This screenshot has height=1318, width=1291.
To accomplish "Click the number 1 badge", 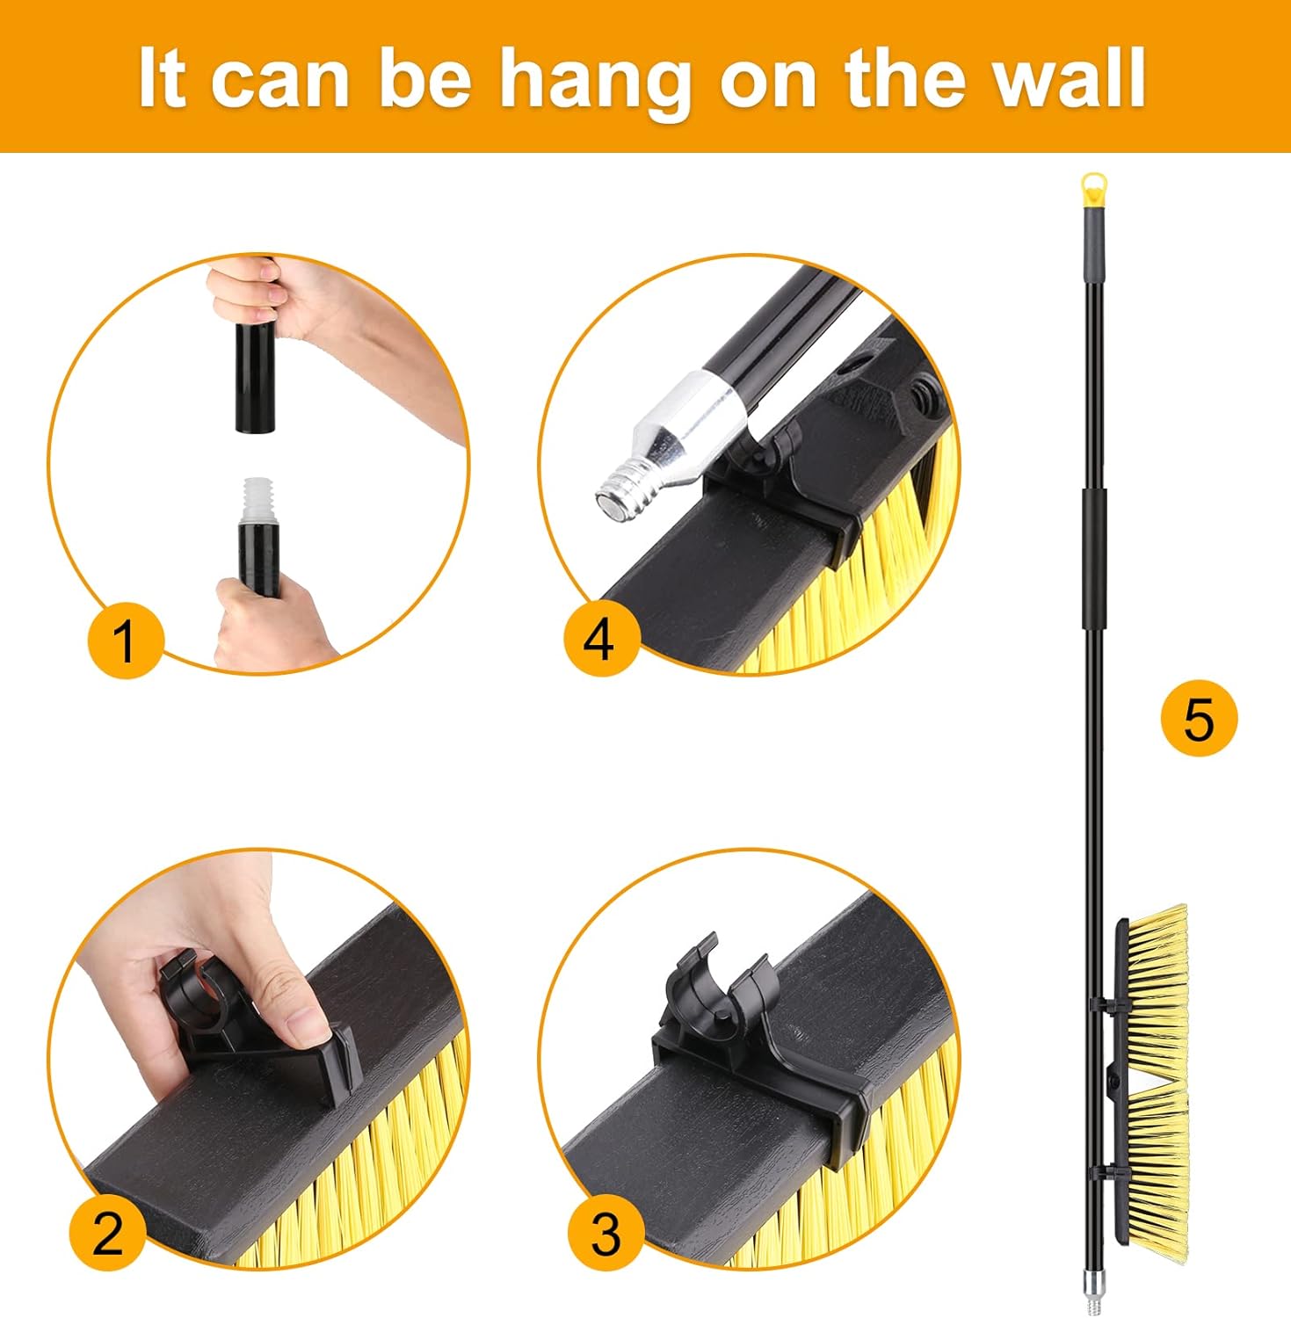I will coord(126,641).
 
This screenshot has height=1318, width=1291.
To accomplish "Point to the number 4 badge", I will coord(601,639).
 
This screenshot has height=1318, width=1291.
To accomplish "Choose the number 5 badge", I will coord(1198,718).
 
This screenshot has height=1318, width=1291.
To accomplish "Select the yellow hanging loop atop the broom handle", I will coord(1092,187).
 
